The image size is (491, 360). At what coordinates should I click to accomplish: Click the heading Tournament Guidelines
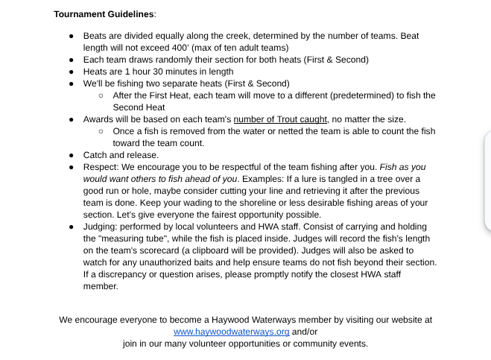point(104,14)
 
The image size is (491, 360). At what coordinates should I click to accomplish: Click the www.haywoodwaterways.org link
point(231,332)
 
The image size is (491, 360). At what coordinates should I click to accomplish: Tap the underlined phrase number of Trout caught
point(280,119)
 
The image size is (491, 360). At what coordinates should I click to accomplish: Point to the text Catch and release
point(121,155)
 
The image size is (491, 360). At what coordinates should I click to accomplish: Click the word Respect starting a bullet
point(99,167)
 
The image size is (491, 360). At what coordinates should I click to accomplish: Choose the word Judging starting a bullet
point(100,227)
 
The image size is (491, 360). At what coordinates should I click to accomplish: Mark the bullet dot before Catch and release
point(71,155)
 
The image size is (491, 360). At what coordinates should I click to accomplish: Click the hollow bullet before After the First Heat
point(101,95)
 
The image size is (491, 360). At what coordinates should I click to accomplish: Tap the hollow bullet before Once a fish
point(101,131)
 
